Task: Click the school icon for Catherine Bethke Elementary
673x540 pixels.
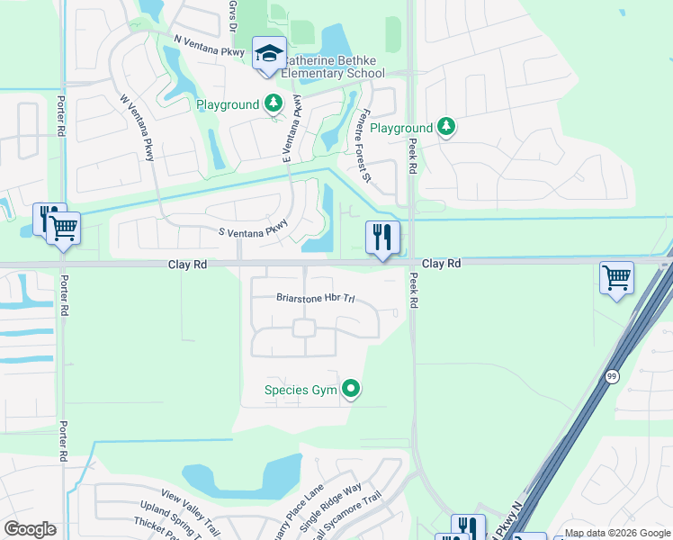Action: (x=269, y=54)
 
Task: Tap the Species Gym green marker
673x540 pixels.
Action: (x=351, y=390)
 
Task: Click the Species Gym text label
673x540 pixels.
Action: (x=300, y=390)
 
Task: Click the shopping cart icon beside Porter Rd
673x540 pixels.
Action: (x=63, y=228)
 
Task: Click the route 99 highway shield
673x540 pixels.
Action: (x=611, y=377)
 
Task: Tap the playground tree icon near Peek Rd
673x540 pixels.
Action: (x=444, y=128)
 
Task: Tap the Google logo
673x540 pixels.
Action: (x=30, y=529)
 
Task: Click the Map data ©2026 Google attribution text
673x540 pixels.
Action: (x=617, y=534)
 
